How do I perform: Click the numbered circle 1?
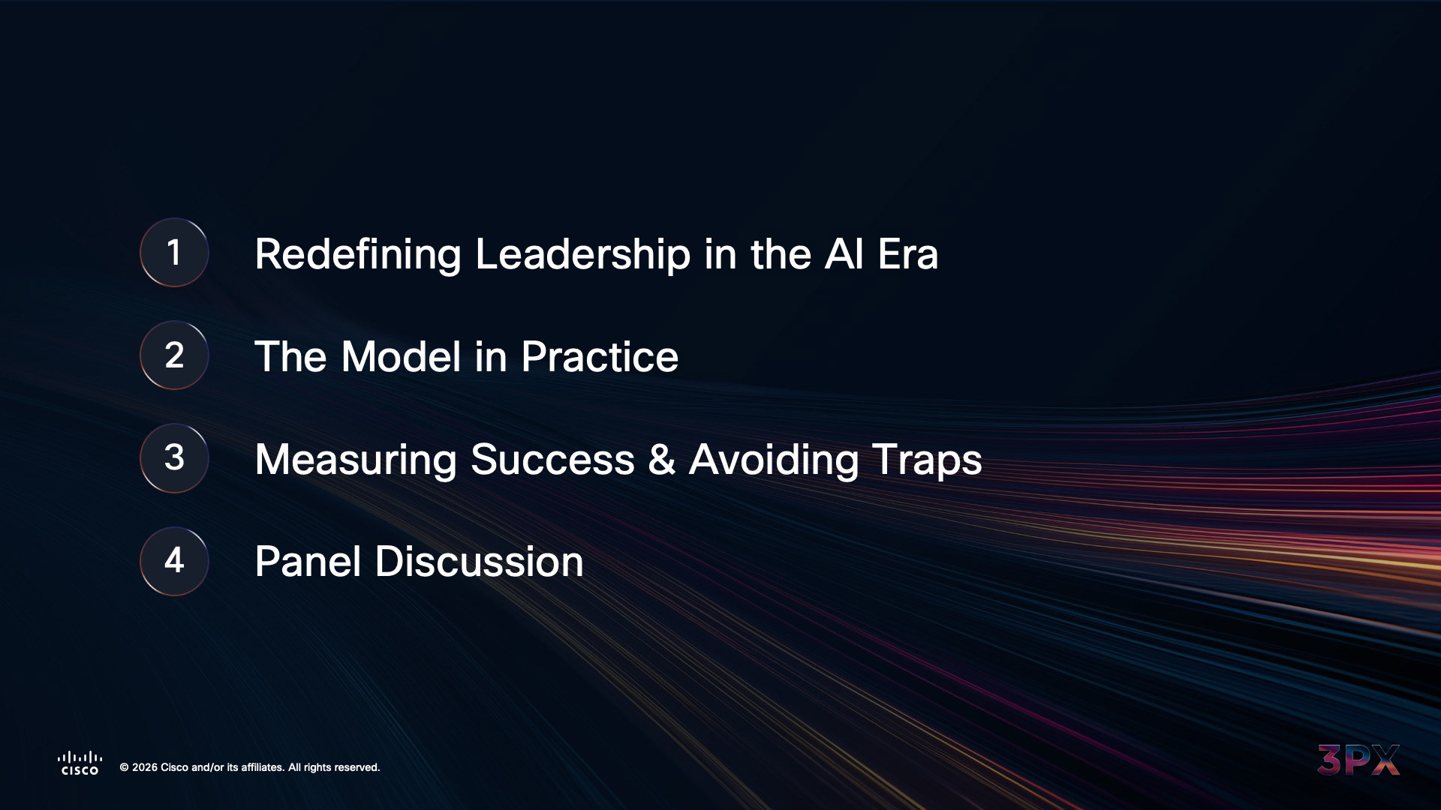174,253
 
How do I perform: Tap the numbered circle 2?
174,355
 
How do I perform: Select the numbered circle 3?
174,458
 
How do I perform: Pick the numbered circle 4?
174,561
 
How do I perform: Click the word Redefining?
358,254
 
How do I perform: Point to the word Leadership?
582,254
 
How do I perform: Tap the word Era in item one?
908,254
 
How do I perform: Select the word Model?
401,356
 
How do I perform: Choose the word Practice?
600,356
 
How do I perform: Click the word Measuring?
356,460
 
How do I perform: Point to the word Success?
552,460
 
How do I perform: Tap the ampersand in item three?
661,460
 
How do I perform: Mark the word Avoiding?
774,460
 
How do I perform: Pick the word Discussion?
479,562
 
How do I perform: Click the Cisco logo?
80,763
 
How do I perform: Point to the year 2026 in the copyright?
145,767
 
